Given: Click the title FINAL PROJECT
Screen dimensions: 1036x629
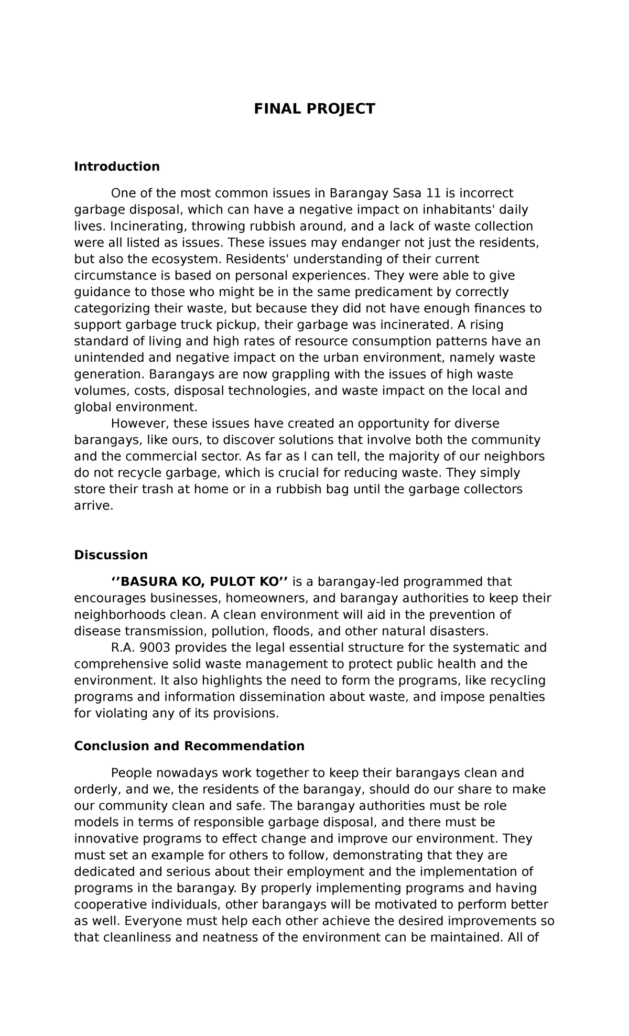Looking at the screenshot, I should point(314,109).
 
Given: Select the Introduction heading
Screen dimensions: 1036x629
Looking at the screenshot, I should point(117,167).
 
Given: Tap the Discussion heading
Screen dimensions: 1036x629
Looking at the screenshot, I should point(111,555).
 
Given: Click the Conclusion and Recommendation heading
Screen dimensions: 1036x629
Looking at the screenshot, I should point(189,746).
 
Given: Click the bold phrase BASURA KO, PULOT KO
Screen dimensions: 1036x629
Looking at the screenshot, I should point(200,582).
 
